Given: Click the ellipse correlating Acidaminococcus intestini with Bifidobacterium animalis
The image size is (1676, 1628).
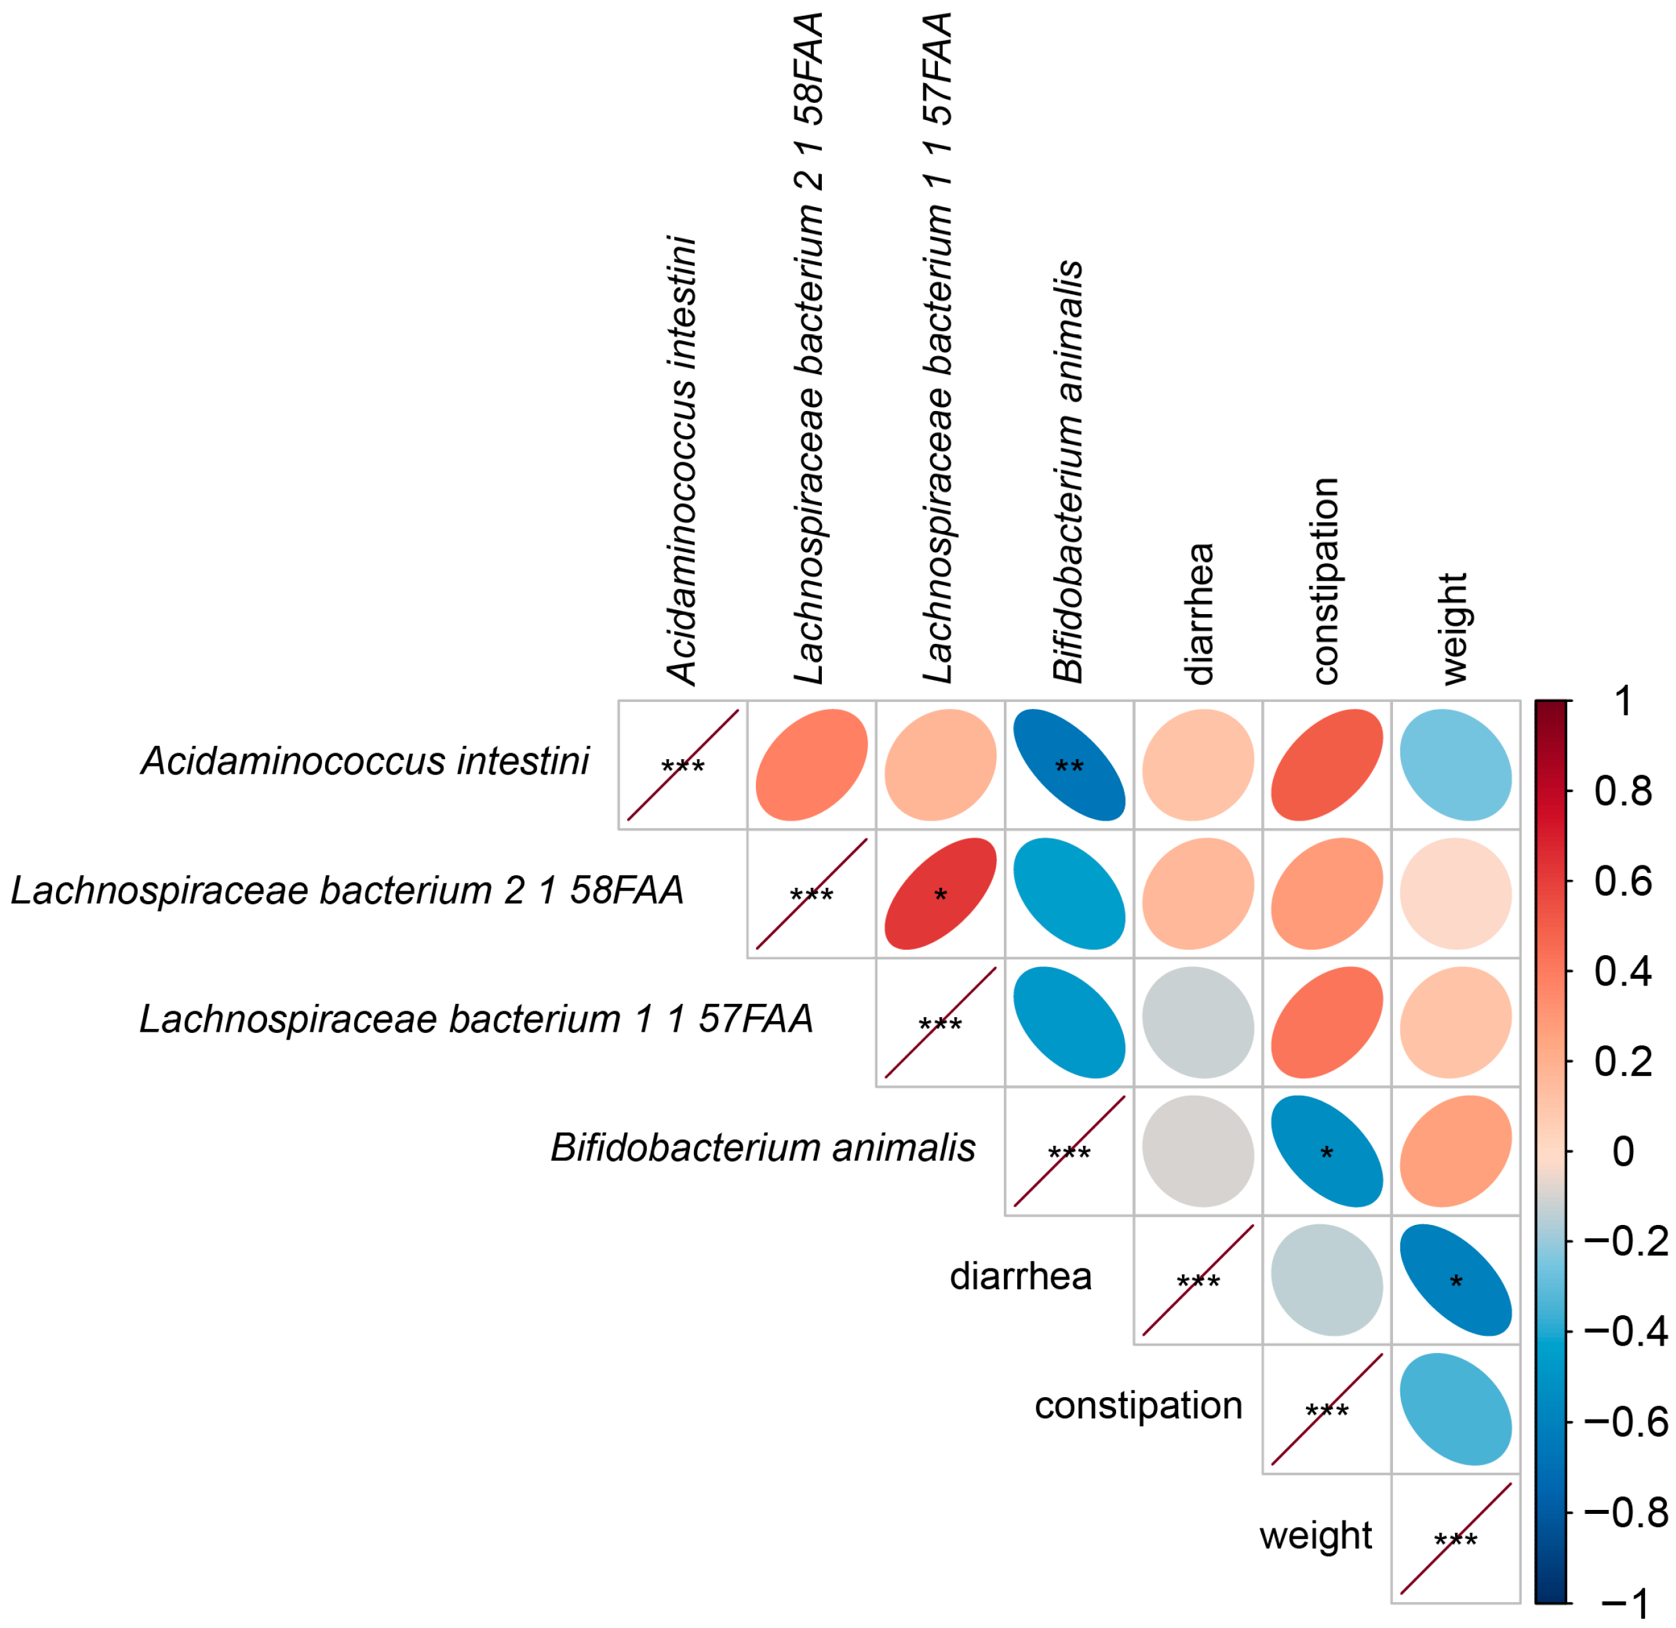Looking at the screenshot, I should pyautogui.click(x=1069, y=765).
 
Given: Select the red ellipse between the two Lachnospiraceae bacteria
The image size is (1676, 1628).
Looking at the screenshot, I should pyautogui.click(x=941, y=894).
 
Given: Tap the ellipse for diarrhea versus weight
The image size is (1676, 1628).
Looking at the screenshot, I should pyautogui.click(x=1456, y=1280).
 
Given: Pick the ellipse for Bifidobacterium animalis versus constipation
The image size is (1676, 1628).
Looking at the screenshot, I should pyautogui.click(x=1326, y=1151).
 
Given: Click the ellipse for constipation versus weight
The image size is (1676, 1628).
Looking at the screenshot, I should pyautogui.click(x=1456, y=1408).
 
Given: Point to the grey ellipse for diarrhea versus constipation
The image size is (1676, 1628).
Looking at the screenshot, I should pyautogui.click(x=1326, y=1280).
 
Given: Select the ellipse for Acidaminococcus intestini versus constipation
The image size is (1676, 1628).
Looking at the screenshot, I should pyautogui.click(x=1326, y=765).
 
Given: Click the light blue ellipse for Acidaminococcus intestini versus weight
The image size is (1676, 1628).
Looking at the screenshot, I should pyautogui.click(x=1456, y=765).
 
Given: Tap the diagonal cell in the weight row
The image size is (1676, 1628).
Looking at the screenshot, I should pyautogui.click(x=1456, y=1538).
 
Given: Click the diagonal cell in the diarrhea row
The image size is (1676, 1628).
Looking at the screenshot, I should pyautogui.click(x=1197, y=1280).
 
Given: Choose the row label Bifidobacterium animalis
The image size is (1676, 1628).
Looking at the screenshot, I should pyautogui.click(x=762, y=1148).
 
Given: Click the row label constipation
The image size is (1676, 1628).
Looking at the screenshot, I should pyautogui.click(x=1138, y=1406).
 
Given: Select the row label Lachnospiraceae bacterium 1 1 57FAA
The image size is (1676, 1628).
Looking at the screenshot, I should pyautogui.click(x=476, y=1019).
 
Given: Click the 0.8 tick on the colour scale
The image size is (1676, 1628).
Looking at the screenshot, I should pyautogui.click(x=1622, y=792).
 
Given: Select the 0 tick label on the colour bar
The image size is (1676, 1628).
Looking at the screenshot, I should pyautogui.click(x=1622, y=1152).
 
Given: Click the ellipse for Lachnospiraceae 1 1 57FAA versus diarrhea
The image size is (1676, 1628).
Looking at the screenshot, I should pyautogui.click(x=1197, y=1022).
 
